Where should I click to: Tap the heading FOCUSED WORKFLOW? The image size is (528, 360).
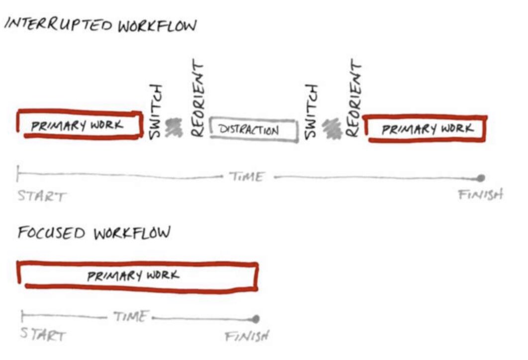94,232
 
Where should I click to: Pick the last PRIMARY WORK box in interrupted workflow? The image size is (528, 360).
427,129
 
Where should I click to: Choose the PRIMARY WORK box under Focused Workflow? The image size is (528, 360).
138,275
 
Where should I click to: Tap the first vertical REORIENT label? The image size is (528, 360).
198,99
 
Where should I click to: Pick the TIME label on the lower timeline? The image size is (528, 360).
130,317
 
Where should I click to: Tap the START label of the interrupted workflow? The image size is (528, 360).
41,196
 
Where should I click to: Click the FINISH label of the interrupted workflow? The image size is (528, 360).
480,194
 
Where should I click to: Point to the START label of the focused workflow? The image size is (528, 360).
42,335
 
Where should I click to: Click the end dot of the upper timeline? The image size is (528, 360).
480,178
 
